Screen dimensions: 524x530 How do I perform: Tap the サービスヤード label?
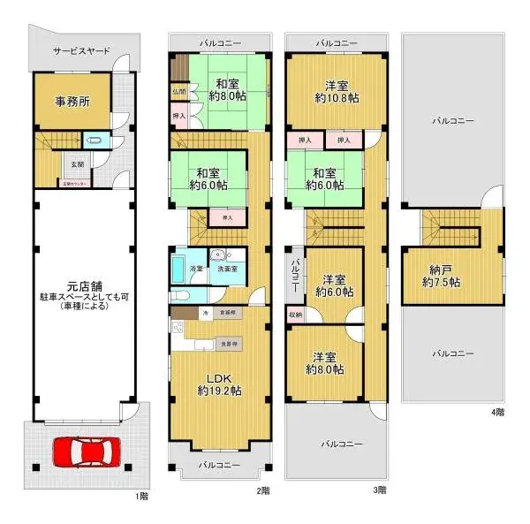81,51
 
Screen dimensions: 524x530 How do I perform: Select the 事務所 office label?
72,102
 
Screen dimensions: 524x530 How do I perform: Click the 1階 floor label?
141,497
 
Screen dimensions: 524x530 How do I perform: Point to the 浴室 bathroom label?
196,268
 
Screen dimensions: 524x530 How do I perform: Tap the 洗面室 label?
228,269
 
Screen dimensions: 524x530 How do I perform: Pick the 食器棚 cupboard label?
227,313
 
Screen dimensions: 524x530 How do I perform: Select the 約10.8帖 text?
336,99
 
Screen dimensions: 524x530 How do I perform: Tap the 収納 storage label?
295,315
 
